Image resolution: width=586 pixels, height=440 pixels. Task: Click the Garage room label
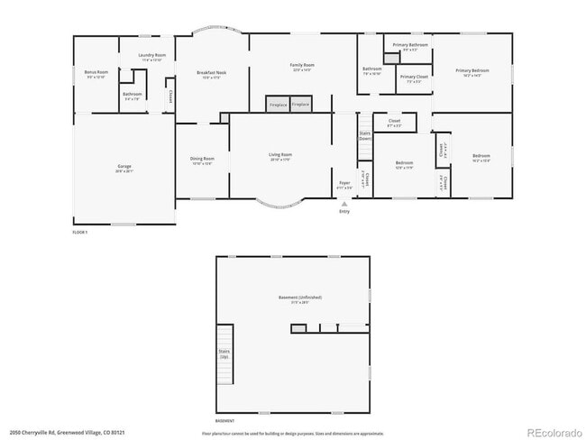tap(124, 168)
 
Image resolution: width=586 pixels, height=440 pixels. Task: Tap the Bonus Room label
tap(96, 73)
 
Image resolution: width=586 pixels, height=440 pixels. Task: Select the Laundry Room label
tap(151, 57)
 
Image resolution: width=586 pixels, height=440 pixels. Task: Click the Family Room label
tap(302, 66)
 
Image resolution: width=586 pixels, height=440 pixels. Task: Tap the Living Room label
tap(280, 156)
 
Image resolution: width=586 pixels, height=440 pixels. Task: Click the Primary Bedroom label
tap(472, 71)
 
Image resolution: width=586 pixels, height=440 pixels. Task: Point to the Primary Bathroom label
tap(410, 46)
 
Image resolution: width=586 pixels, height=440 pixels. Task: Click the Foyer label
tap(344, 184)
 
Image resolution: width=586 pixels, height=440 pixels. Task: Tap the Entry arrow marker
tap(344, 205)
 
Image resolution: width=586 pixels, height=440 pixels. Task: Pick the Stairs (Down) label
tap(365, 135)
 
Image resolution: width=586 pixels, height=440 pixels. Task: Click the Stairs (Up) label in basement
tap(224, 353)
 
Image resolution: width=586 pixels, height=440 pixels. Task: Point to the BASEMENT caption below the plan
tap(225, 421)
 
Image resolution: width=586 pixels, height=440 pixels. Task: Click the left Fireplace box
tap(279, 105)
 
